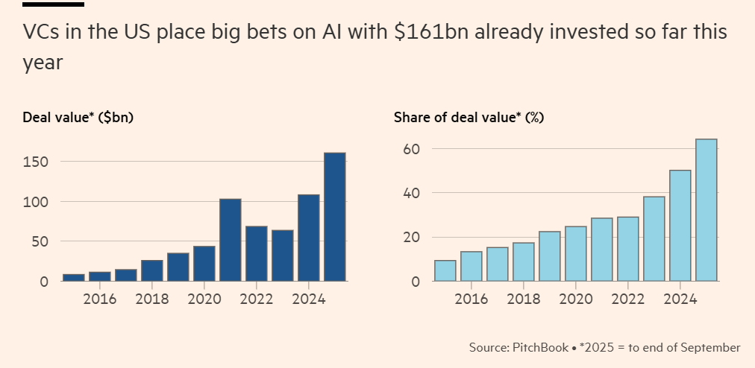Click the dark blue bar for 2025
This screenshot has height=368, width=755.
tap(334, 217)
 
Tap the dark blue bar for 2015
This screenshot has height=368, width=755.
tap(73, 277)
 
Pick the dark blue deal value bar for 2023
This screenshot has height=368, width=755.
tap(282, 256)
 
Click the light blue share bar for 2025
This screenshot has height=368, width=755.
tap(706, 210)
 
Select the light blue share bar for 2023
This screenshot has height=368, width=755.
tap(654, 239)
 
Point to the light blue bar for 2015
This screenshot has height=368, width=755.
tap(445, 270)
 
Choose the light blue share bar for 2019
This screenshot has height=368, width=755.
tap(549, 256)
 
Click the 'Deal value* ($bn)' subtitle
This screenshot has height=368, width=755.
tap(78, 117)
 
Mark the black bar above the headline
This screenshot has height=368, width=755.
tap(53, 4)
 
